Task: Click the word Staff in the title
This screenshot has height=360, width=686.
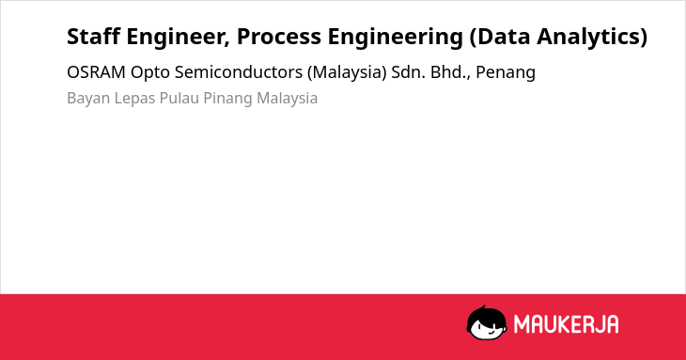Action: click(94, 37)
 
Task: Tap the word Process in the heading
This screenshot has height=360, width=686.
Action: click(279, 37)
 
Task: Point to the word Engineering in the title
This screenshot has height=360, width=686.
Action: click(396, 38)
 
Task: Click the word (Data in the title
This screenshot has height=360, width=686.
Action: click(500, 38)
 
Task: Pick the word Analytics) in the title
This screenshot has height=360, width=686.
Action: click(592, 38)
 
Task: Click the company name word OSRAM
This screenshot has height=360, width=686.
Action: click(96, 72)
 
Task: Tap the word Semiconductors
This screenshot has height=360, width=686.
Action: click(239, 72)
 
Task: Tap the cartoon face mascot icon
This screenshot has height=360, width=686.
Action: click(487, 323)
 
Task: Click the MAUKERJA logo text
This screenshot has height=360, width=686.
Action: click(566, 324)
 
